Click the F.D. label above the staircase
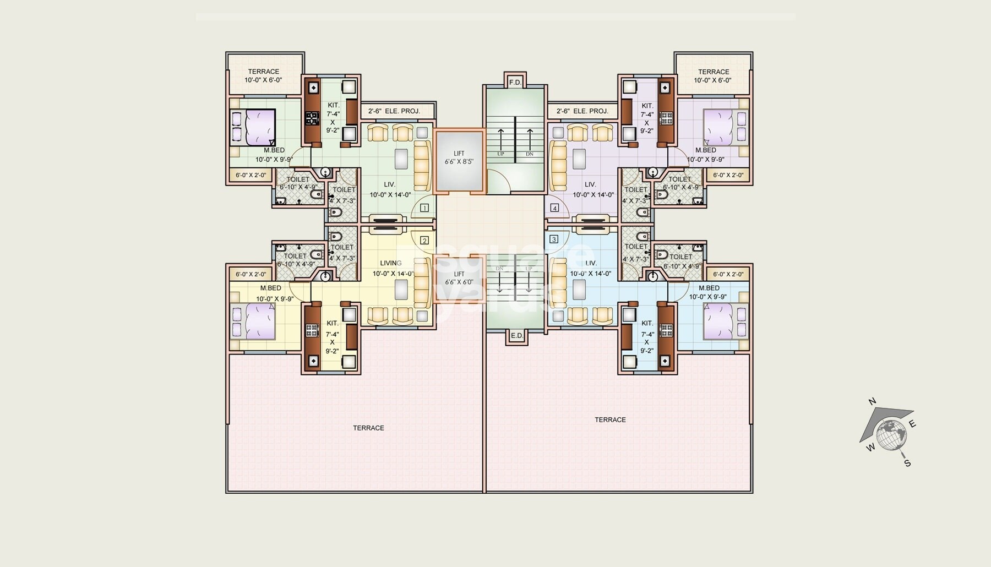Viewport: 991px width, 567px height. coord(515,83)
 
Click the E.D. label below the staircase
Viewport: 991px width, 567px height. coord(516,335)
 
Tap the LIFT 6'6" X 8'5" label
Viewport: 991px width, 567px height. coord(459,158)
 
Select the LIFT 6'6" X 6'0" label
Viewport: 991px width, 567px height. coord(459,278)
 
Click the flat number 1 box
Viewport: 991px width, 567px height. coord(424,208)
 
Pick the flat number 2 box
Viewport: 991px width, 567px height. coord(424,241)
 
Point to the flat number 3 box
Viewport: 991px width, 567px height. coord(554,239)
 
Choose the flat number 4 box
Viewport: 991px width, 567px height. coord(554,208)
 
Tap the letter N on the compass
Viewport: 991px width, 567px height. coord(872,402)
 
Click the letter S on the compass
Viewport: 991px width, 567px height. coord(907,464)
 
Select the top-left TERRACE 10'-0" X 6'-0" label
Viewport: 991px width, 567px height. coord(263,75)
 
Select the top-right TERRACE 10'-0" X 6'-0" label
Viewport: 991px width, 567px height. coord(713,76)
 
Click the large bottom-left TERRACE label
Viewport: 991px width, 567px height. coord(368,428)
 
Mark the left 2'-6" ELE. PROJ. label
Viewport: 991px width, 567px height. coord(394,111)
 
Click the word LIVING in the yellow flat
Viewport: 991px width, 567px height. coord(390,263)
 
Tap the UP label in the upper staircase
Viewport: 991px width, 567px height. coord(500,154)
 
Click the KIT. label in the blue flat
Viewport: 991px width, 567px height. coord(647,324)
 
